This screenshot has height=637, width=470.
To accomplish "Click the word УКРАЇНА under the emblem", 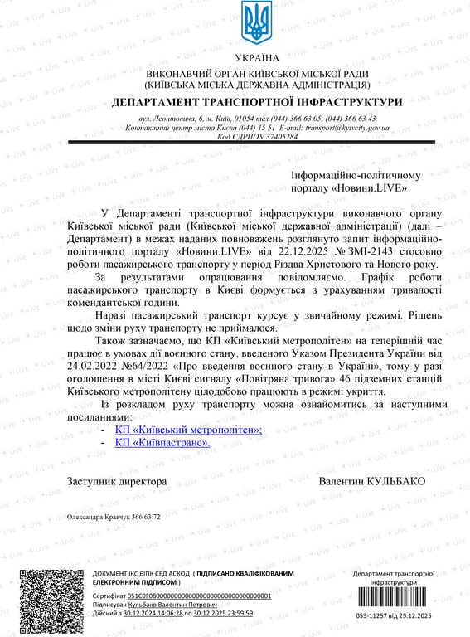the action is pos(257,58).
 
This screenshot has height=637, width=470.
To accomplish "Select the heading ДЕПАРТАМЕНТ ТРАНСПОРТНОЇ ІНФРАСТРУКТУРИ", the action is pos(257,102).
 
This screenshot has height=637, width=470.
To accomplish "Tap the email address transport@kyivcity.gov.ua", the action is pos(348,129).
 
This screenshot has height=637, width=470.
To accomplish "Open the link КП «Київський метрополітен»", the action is pos(188,430).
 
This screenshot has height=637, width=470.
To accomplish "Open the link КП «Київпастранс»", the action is pos(162,443).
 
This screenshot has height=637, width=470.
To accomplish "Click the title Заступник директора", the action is pos(117,482).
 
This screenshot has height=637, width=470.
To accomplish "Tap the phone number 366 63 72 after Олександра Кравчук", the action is pos(144,516).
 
